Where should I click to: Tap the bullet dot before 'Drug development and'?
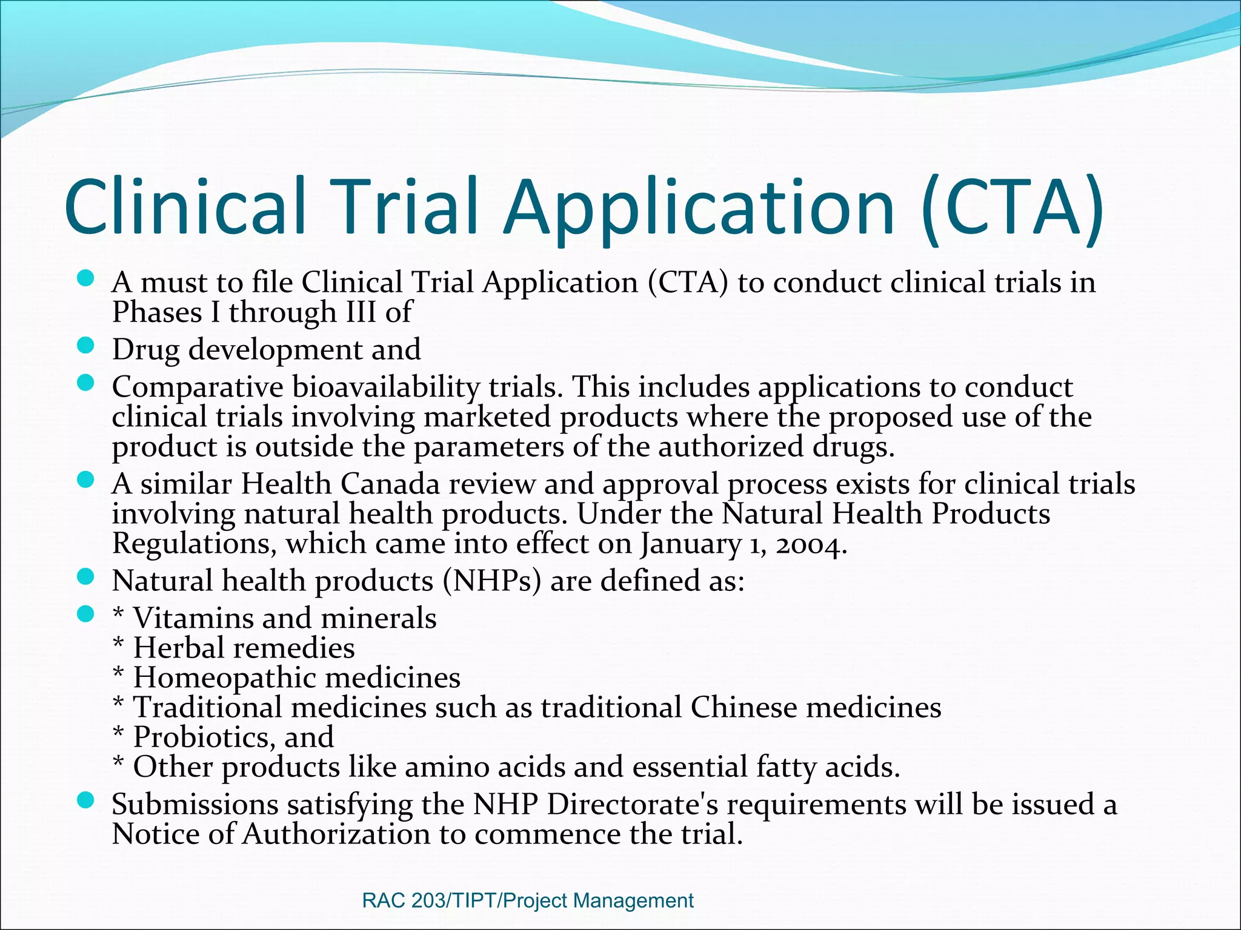[x=86, y=346]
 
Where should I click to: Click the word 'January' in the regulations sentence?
[x=690, y=544]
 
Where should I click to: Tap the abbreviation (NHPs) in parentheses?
[x=491, y=581]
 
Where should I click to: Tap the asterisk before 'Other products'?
[x=119, y=764]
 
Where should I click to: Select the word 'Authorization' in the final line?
[x=336, y=835]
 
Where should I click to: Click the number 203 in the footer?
[x=428, y=900]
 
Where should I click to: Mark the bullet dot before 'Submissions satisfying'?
[x=86, y=801]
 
